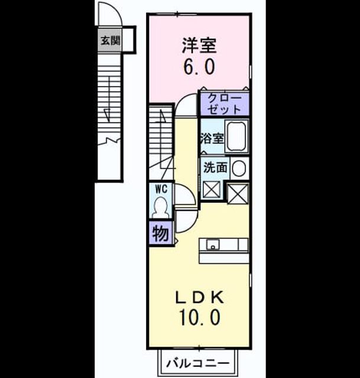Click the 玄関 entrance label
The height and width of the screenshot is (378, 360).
111,41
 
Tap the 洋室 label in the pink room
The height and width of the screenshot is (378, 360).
199,45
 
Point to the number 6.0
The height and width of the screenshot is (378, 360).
199,67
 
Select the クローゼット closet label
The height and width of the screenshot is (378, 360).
225,104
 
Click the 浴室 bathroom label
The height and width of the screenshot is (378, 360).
212,139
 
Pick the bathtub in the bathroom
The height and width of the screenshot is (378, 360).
236,136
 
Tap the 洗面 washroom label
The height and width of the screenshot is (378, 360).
216,168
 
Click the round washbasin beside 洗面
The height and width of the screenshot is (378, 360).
239,168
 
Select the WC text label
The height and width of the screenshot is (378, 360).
161,189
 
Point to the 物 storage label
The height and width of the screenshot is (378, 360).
160,233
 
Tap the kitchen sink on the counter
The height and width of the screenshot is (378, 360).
213,245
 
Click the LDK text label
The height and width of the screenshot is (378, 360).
199,297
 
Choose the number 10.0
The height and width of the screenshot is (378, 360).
199,317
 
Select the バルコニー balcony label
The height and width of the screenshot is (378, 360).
198,363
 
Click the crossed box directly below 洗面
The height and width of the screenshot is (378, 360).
212,190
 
